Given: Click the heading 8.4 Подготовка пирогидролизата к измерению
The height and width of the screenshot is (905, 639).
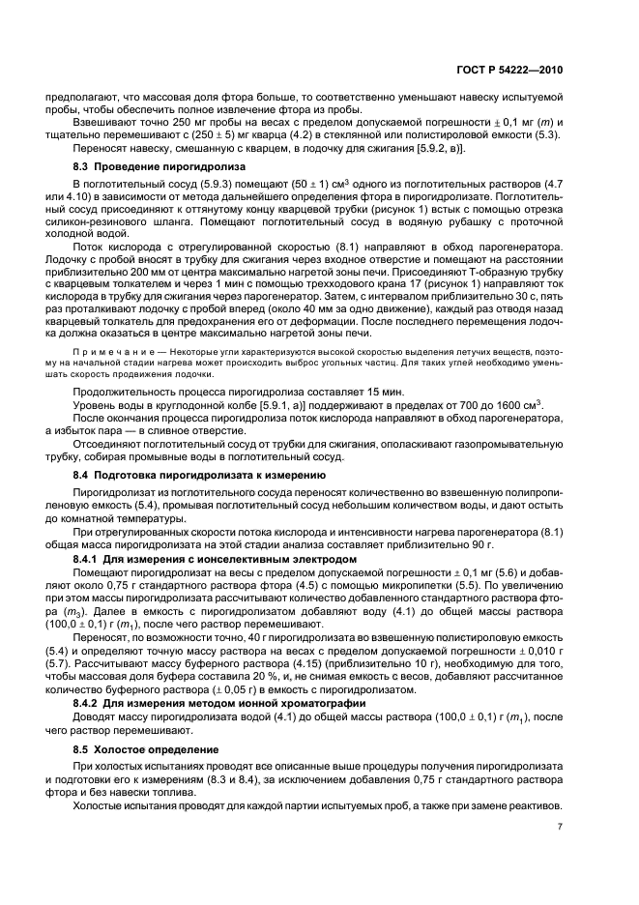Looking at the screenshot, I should (x=198, y=477).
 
